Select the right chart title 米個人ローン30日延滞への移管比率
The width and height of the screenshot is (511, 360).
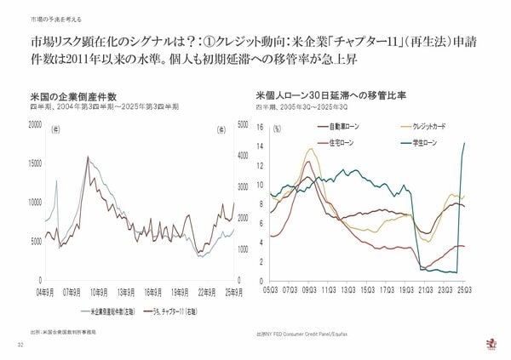(325, 97)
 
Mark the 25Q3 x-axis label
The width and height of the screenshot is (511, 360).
(461, 289)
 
